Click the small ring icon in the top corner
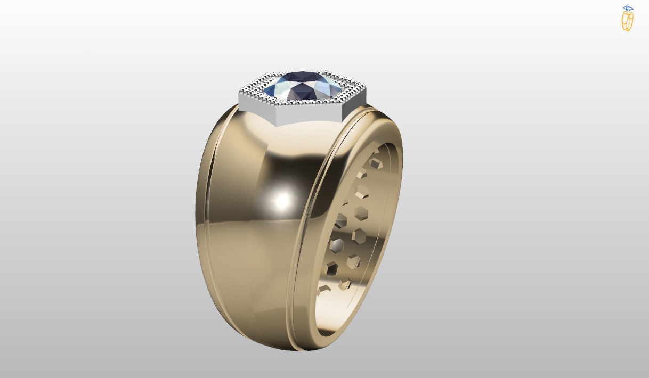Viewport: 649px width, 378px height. coord(628,18)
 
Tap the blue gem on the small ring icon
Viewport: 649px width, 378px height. coord(628,9)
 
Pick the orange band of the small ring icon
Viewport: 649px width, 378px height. coord(627,22)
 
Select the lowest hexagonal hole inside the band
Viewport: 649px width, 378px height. coord(323,290)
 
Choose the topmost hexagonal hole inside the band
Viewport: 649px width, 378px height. coord(376,152)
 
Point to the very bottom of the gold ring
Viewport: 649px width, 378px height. coord(288,349)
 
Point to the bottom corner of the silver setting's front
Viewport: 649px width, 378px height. coord(277,126)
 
